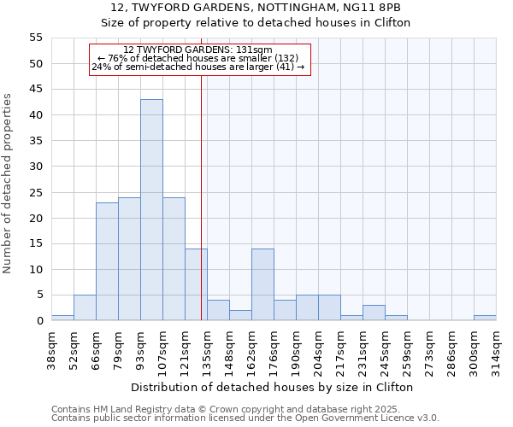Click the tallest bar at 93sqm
[x=151, y=210]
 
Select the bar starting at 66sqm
[x=107, y=261]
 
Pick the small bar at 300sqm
[x=485, y=318]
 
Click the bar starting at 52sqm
[x=85, y=307]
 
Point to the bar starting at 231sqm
[x=374, y=313]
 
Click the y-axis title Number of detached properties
[x=9, y=184]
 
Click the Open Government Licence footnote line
[x=245, y=418]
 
